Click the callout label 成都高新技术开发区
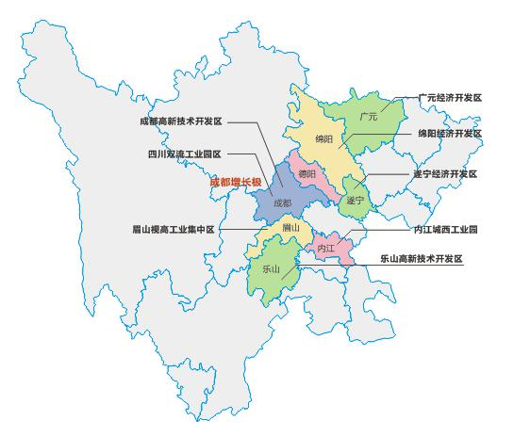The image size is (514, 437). click(180, 121)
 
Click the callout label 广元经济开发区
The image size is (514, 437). click(450, 97)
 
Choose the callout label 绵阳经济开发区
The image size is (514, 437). click(450, 135)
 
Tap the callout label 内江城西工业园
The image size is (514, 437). click(445, 230)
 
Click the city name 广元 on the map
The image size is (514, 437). click(369, 117)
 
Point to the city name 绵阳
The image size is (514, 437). click(324, 139)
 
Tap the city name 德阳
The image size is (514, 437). click(307, 173)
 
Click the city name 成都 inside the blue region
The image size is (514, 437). click(282, 202)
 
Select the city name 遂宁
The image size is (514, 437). click(355, 200)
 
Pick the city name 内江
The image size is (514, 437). click(326, 248)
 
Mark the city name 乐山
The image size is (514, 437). click(272, 268)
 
